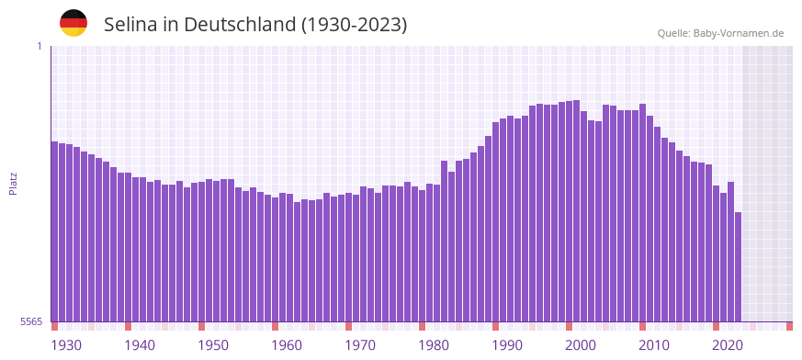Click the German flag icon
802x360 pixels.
tap(73, 23)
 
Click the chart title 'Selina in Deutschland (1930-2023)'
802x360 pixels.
tap(255, 24)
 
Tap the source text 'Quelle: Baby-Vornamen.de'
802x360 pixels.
tap(720, 33)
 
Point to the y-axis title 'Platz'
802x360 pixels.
tap(13, 183)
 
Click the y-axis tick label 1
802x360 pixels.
tap(39, 46)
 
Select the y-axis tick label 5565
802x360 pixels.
tap(30, 321)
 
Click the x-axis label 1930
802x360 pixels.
tap(66, 345)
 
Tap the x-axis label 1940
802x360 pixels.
tap(140, 345)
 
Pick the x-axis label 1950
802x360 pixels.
tap(213, 345)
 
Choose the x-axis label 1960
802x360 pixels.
tap(287, 345)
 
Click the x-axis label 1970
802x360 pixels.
tap(360, 345)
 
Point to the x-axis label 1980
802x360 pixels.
tap(434, 345)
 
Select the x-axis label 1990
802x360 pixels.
tap(507, 345)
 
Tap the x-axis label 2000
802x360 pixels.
tap(581, 345)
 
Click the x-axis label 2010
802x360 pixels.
tap(654, 345)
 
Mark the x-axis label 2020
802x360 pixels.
tap(728, 345)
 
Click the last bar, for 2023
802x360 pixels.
tap(738, 266)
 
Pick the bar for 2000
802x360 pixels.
tap(569, 211)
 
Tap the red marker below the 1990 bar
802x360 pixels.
tap(495, 326)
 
